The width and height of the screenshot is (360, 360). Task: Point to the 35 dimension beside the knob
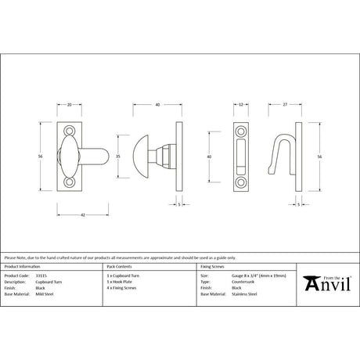click(x=117, y=157)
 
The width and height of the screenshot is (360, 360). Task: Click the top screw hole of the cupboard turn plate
click(x=68, y=130)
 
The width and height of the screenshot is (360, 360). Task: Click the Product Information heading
click(x=22, y=268)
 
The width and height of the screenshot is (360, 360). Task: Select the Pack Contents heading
click(x=118, y=268)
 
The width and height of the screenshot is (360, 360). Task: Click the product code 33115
click(x=45, y=276)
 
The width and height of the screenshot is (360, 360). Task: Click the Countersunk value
click(x=242, y=282)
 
